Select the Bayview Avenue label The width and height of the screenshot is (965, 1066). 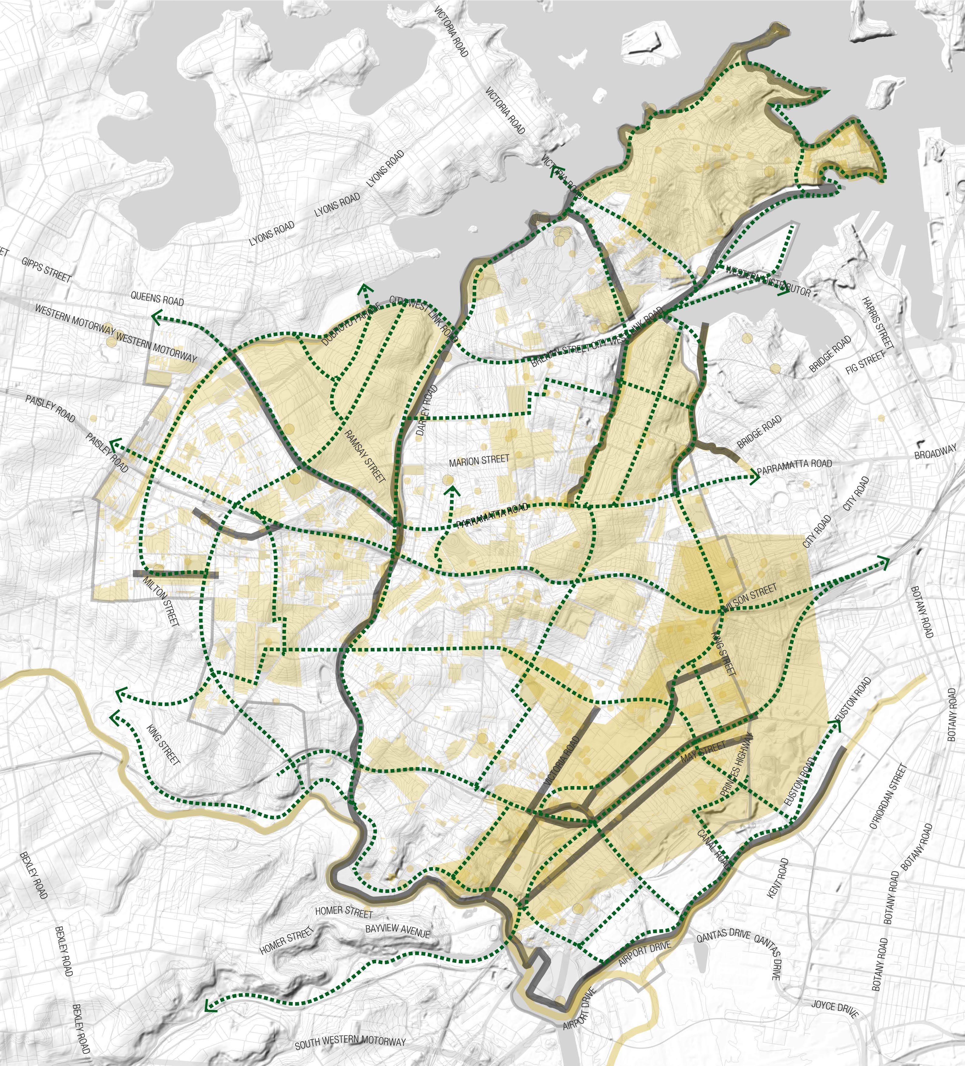pyautogui.click(x=398, y=930)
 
